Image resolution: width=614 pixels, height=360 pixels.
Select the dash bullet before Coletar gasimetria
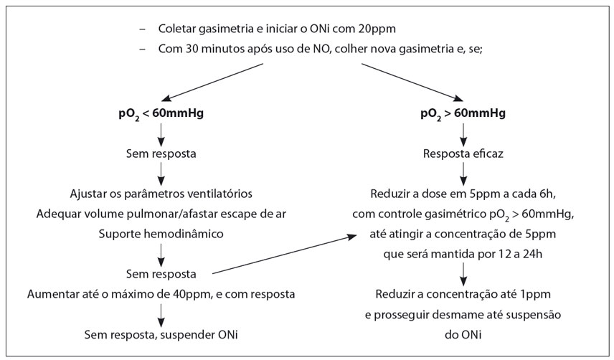(142, 29)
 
